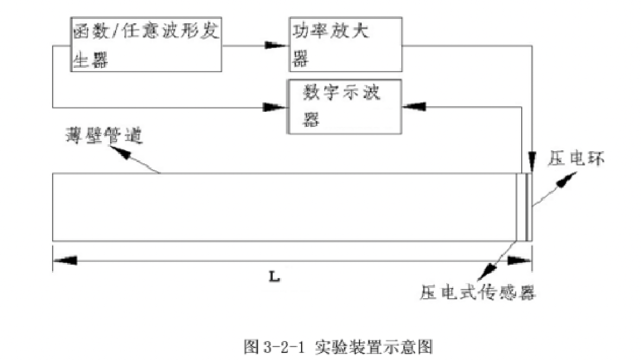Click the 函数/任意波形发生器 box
point(146,44)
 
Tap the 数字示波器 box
point(345,107)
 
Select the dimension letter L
point(275,275)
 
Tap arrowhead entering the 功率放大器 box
point(278,46)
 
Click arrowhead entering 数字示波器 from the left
point(278,107)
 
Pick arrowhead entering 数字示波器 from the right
point(412,107)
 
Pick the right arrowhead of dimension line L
point(521,261)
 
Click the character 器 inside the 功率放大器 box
point(299,60)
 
